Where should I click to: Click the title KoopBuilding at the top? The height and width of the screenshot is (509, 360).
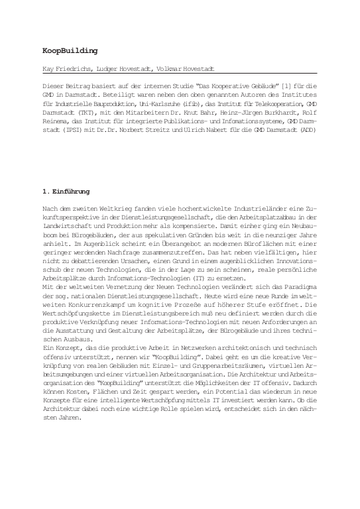[x=70, y=50]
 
